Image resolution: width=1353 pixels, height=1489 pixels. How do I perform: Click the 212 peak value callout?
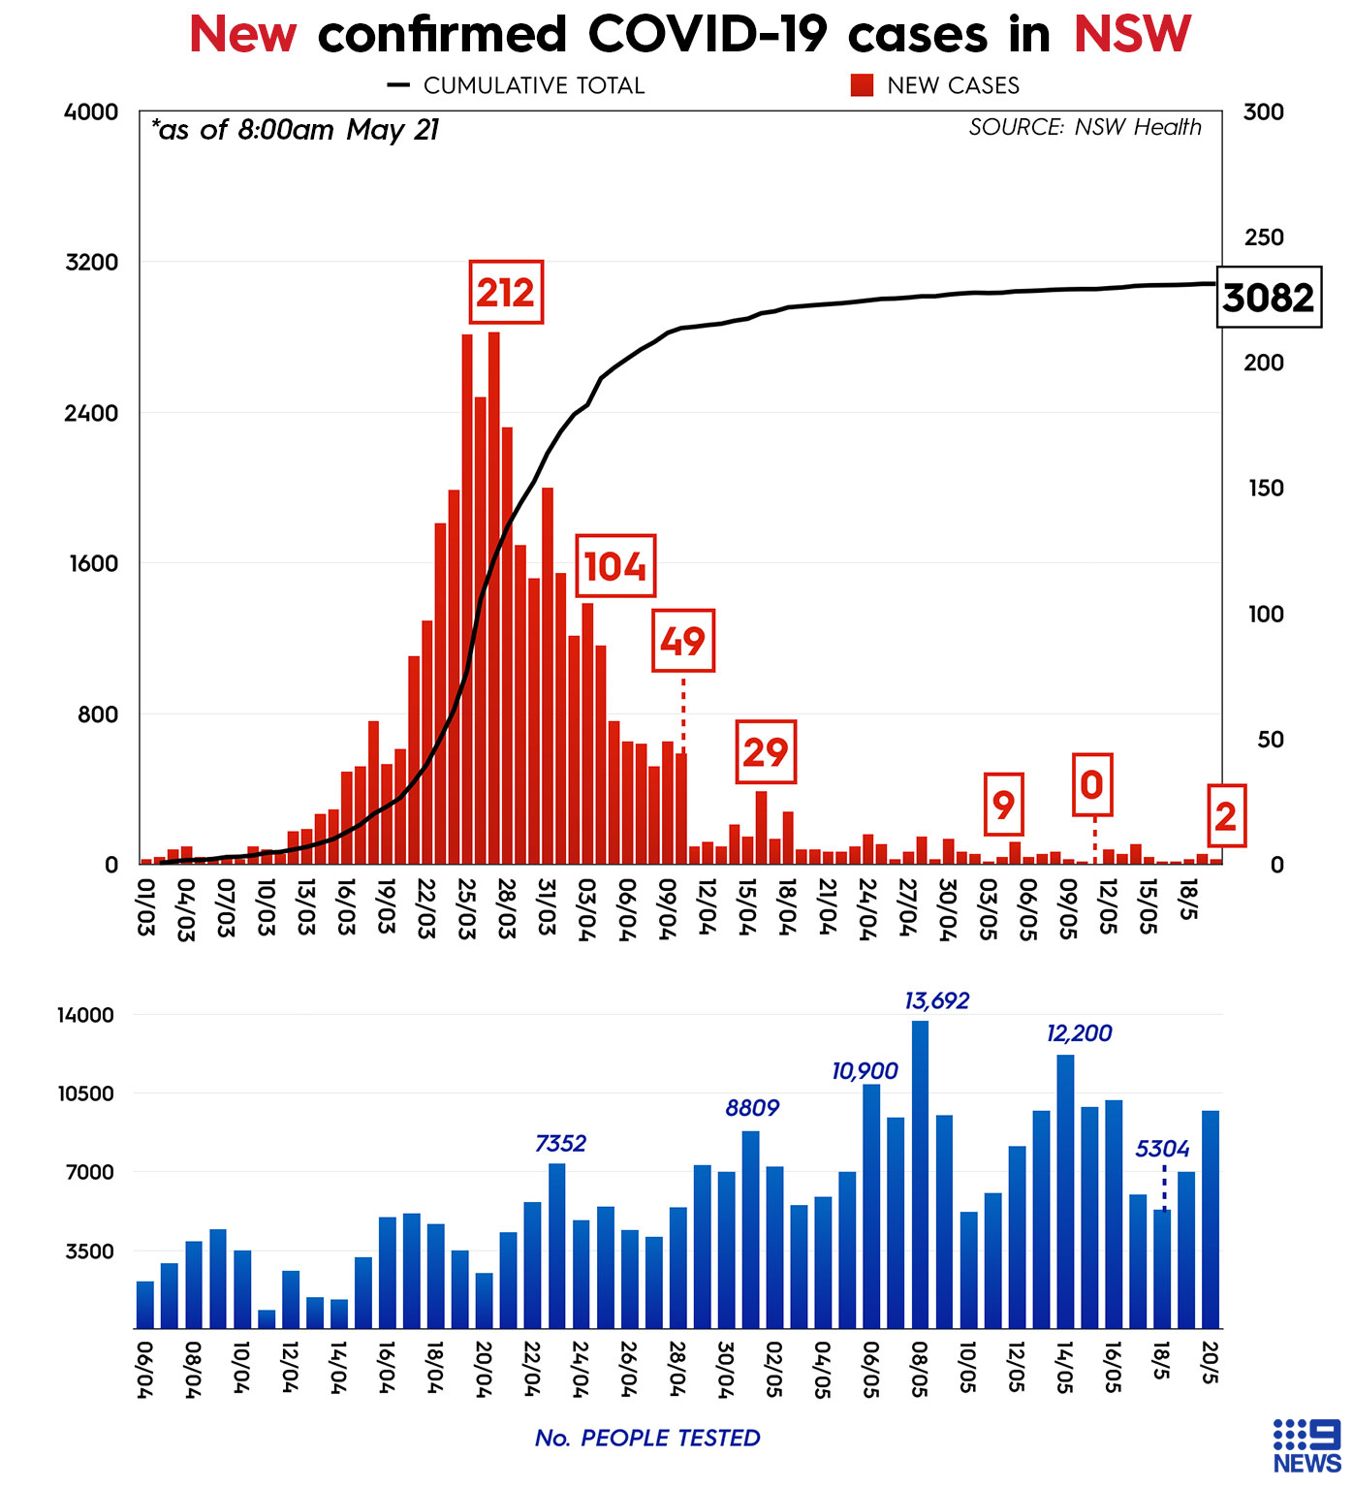tap(505, 292)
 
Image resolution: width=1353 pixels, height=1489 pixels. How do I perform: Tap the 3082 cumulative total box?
tap(1268, 297)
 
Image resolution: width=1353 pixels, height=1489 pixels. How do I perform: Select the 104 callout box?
tap(615, 566)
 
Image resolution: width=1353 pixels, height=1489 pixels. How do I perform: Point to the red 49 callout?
tap(683, 641)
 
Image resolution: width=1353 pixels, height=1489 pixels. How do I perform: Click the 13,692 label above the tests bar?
tap(936, 1000)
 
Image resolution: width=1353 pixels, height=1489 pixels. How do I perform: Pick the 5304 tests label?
tap(1162, 1149)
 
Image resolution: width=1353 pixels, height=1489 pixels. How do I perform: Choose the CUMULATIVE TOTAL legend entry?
tap(516, 85)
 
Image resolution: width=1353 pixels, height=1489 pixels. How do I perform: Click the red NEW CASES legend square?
tap(862, 85)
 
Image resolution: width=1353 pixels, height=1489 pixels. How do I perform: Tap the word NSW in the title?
tap(1131, 35)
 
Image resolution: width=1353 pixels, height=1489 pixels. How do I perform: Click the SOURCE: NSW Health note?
tap(1085, 127)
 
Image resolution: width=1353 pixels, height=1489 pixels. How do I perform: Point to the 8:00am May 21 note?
tap(296, 130)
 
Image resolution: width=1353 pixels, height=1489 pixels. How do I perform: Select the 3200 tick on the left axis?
tap(91, 263)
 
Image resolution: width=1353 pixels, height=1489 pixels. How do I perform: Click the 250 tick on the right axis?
tap(1263, 238)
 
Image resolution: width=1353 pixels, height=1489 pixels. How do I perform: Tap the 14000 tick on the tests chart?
tap(85, 1015)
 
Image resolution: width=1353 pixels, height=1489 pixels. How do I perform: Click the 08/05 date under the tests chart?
tap(919, 1367)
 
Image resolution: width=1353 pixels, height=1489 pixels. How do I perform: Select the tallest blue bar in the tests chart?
tap(920, 1173)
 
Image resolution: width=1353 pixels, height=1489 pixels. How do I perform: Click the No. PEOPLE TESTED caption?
tap(647, 1438)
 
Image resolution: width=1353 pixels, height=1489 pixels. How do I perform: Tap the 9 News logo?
tap(1306, 1445)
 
